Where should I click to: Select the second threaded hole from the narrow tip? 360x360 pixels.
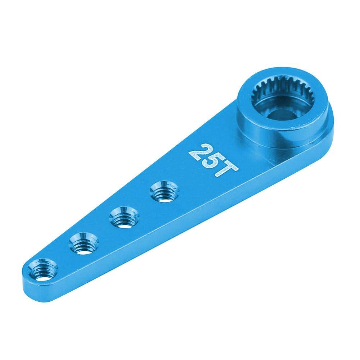click(x=83, y=245)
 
